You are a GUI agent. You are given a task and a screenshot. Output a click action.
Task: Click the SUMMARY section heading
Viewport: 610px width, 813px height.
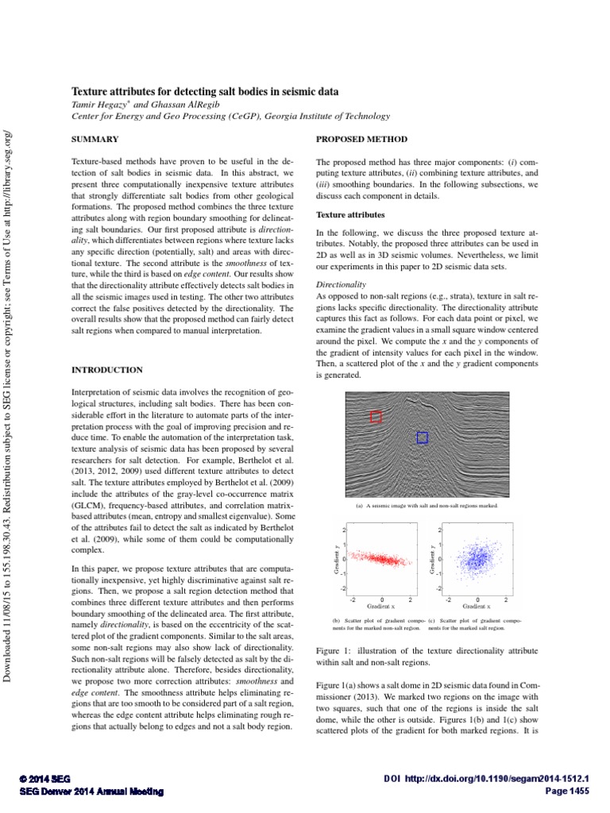pyautogui.click(x=95, y=138)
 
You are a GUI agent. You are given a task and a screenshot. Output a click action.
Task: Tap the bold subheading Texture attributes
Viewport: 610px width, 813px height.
pyautogui.click(x=350, y=214)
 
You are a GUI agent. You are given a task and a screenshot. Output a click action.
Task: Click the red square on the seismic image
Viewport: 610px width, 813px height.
pyautogui.click(x=376, y=416)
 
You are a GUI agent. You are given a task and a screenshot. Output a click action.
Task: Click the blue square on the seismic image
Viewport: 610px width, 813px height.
pyautogui.click(x=422, y=437)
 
